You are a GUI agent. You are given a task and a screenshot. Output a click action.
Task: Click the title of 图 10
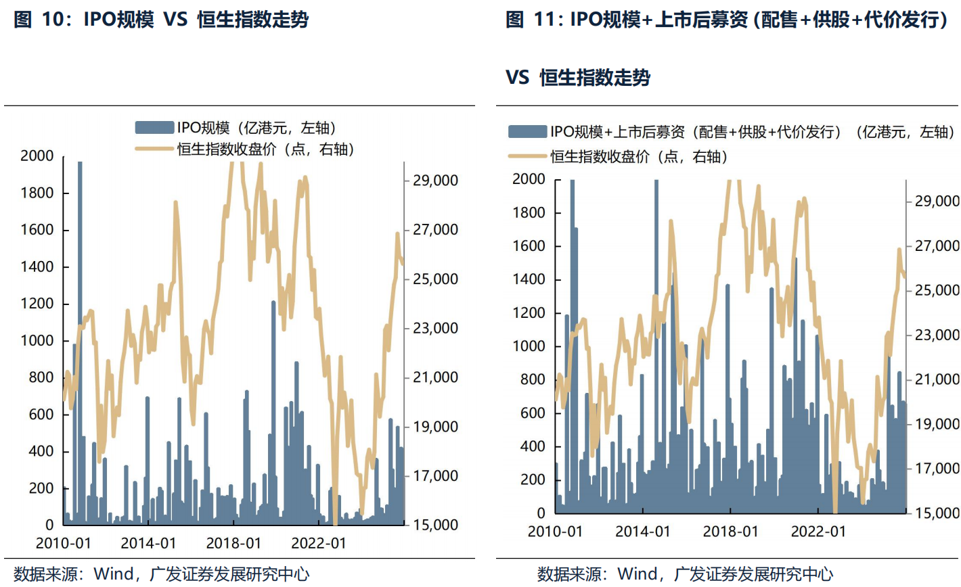[x=161, y=19]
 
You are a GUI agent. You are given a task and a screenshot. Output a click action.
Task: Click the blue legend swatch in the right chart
[x=527, y=132]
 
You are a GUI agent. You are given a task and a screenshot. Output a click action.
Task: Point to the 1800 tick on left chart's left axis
[x=37, y=193]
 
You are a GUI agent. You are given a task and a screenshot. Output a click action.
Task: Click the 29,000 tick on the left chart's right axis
[x=435, y=181]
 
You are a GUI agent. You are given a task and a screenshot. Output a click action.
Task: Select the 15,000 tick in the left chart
[x=435, y=525]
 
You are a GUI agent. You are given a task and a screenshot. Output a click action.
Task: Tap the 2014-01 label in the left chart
[x=148, y=543]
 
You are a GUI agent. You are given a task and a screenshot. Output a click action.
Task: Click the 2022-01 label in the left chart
[x=319, y=543]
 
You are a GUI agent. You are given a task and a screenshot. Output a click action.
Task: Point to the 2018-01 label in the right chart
[x=730, y=532]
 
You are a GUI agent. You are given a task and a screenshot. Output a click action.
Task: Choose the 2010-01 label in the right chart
[x=555, y=532]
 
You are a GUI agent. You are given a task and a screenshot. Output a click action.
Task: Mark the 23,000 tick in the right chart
[x=937, y=335]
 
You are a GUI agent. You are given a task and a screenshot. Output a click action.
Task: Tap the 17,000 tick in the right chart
[x=937, y=468]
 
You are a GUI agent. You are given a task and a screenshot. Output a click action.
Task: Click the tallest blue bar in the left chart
[x=80, y=338]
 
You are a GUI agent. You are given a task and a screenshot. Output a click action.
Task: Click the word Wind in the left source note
[x=114, y=574]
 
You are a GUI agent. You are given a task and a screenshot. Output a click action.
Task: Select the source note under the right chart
[x=685, y=574]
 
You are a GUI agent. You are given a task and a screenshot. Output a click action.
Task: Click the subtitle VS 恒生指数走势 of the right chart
[x=578, y=77]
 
